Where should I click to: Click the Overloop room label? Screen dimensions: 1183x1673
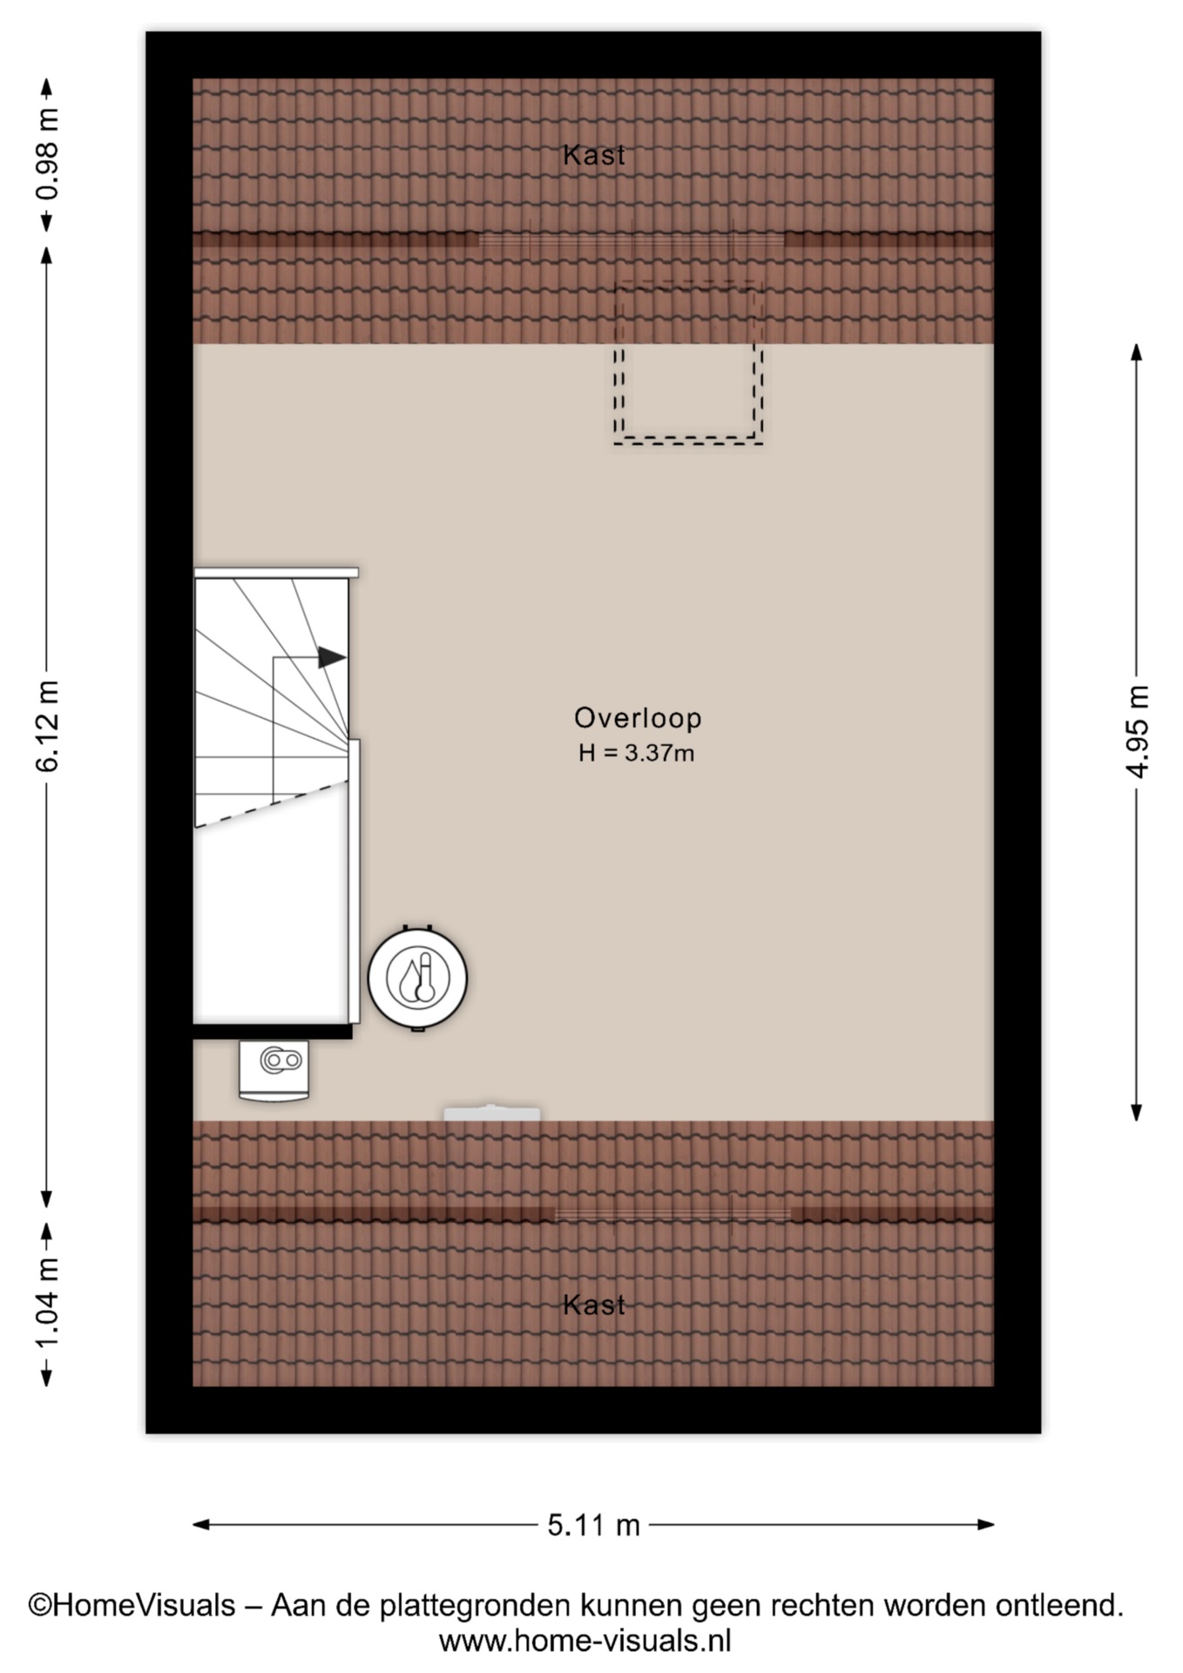pyautogui.click(x=638, y=717)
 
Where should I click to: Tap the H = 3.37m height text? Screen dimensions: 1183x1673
pyautogui.click(x=636, y=753)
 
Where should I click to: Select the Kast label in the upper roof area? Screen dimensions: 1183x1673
pyautogui.click(x=594, y=155)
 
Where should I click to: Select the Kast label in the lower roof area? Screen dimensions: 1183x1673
pyautogui.click(x=594, y=1304)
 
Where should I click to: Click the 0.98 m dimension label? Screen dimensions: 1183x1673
pyautogui.click(x=48, y=154)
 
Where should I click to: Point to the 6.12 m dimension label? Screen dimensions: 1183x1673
pyautogui.click(x=48, y=726)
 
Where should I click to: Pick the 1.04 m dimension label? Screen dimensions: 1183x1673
pyautogui.click(x=48, y=1303)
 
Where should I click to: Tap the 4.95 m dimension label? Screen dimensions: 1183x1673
pyautogui.click(x=1137, y=730)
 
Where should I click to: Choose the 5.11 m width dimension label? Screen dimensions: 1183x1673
pyautogui.click(x=593, y=1525)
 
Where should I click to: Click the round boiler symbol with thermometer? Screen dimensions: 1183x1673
pyautogui.click(x=417, y=978)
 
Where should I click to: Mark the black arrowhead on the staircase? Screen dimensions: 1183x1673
pyautogui.click(x=332, y=657)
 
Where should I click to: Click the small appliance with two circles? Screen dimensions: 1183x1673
pyautogui.click(x=274, y=1070)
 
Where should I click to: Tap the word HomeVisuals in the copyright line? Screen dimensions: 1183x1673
pyautogui.click(x=144, y=1605)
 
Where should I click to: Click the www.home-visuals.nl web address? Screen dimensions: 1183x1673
pyautogui.click(x=585, y=1642)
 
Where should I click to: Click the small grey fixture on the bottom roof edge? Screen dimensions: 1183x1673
pyautogui.click(x=492, y=1113)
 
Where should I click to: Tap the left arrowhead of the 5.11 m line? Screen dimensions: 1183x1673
pyautogui.click(x=201, y=1524)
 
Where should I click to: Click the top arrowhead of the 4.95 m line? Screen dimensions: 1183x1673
pyautogui.click(x=1136, y=352)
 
